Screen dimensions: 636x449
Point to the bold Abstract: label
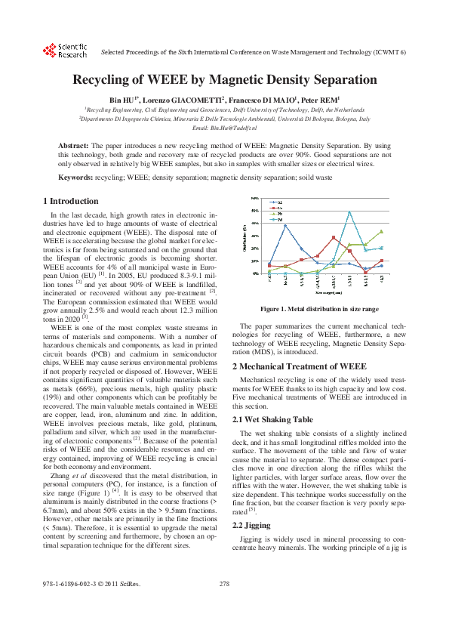coord(74,144)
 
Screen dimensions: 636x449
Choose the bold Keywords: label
coord(76,177)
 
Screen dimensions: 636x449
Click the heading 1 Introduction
coord(71,201)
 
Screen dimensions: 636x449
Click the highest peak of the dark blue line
coord(285,225)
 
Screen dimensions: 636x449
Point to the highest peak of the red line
coord(333,237)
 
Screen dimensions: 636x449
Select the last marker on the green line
coord(381,231)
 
